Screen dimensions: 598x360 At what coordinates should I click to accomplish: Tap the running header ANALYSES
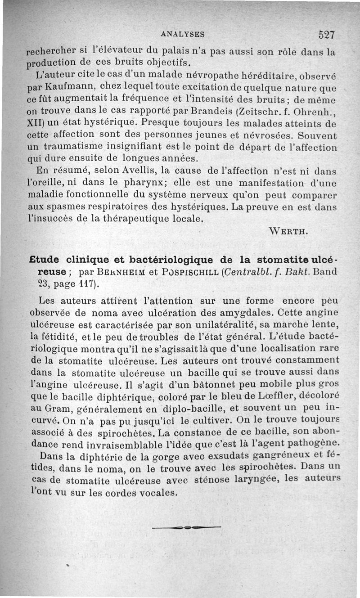[x=183, y=34]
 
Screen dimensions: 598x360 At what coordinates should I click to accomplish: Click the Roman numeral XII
[x=36, y=121]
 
